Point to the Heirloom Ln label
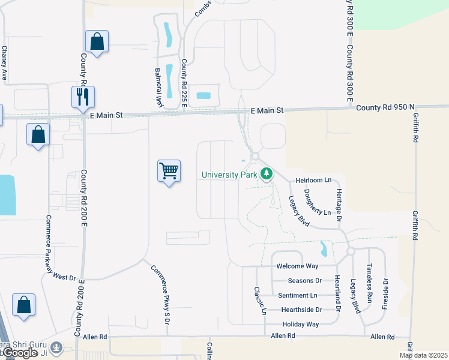pos(313,180)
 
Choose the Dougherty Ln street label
pos(316,203)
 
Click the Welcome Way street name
pos(297,266)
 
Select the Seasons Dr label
pos(305,280)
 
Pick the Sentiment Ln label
pos(298,295)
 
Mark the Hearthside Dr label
pos(302,310)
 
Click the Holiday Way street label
pos(301,324)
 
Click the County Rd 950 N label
pos(385,107)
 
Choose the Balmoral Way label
pos(158,87)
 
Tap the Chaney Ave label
pos(4,64)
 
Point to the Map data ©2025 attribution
pos(423,355)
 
